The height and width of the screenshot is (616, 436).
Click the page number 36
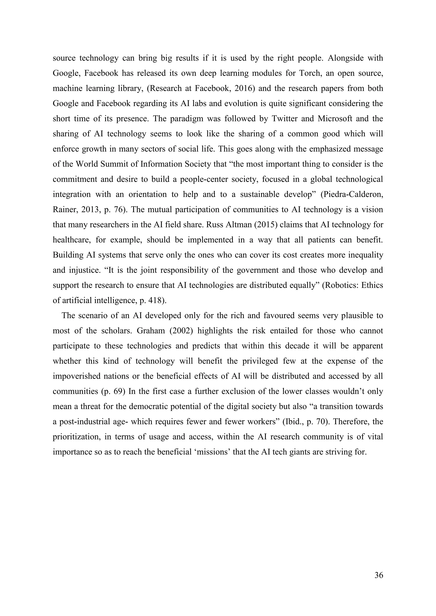click(x=379, y=575)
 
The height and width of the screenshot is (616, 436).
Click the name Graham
click(x=151, y=331)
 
